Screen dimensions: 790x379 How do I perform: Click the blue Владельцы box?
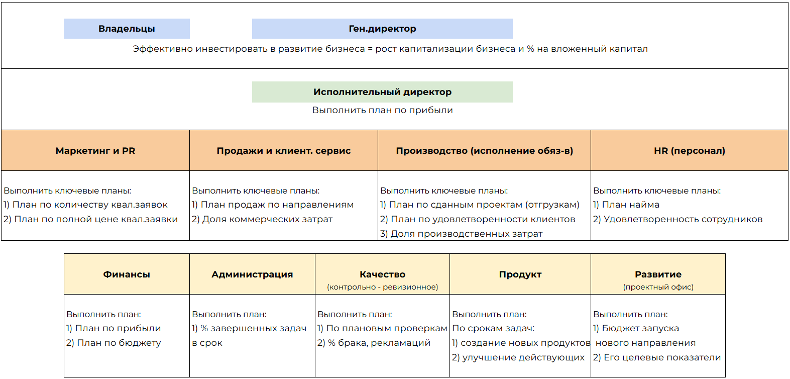click(x=127, y=29)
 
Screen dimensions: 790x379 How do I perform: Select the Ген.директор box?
click(x=382, y=29)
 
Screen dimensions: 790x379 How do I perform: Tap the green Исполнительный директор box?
click(x=382, y=92)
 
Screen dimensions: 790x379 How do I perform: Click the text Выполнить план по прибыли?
click(x=382, y=110)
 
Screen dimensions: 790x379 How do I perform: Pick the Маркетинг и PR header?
click(x=95, y=151)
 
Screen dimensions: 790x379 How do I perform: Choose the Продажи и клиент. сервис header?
click(x=284, y=151)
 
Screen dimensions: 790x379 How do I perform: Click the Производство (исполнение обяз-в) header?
click(x=484, y=151)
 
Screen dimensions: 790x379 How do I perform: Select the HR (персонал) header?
click(x=690, y=151)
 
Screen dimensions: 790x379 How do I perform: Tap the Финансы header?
click(x=127, y=274)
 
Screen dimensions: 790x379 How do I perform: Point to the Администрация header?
click(x=252, y=274)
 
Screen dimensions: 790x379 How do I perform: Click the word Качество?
click(x=382, y=274)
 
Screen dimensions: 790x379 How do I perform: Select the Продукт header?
click(x=520, y=274)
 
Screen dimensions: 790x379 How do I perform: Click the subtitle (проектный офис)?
click(x=658, y=287)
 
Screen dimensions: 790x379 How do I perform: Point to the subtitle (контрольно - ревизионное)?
click(x=382, y=287)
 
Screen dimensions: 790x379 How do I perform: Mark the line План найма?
click(x=626, y=205)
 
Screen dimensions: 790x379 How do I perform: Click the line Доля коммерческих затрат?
click(x=262, y=219)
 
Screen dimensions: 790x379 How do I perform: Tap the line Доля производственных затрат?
click(x=462, y=234)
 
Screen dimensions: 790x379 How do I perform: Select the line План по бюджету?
click(x=114, y=343)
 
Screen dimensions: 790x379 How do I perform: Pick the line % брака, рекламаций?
click(x=374, y=343)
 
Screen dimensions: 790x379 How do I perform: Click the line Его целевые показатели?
click(x=657, y=357)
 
